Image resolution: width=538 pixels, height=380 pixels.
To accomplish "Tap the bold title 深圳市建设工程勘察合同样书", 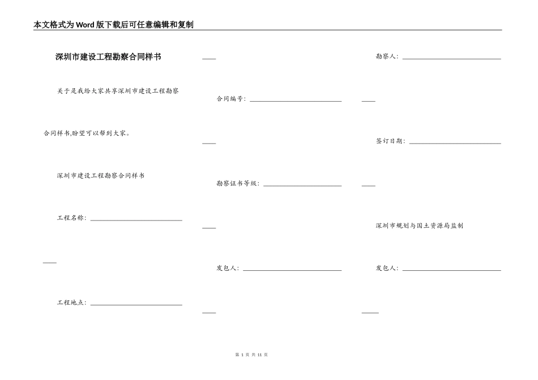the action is tap(108, 57).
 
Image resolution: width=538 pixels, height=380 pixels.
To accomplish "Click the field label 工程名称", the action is tap(71, 218).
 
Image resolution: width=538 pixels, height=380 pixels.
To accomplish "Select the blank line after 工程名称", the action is tap(136, 220).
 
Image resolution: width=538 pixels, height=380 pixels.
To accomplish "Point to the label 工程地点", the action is tap(71, 303).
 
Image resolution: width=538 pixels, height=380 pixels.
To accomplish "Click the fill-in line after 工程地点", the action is tap(136, 305).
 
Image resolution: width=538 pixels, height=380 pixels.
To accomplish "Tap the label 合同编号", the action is tap(231, 98).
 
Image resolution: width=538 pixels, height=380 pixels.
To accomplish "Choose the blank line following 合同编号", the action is tap(296, 101).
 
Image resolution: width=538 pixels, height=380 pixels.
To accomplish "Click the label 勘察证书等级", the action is tap(238, 183).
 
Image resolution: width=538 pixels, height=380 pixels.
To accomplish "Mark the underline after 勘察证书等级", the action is tap(302, 186).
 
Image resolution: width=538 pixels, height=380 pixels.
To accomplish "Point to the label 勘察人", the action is tap(387, 56).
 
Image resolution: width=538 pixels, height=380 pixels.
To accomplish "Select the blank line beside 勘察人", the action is tap(451, 59).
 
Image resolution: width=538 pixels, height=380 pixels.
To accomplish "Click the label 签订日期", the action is tap(390, 141).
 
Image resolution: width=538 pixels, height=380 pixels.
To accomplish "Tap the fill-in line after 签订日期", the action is tap(455, 144).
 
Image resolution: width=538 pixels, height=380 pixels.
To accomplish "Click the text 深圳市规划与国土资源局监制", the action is tap(420, 226).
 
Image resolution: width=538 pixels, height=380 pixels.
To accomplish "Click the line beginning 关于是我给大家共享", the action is tap(118, 90).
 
